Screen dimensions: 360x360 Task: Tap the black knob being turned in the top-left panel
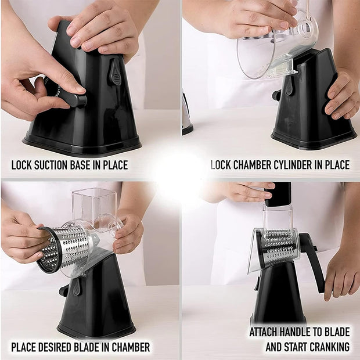[x=73, y=98]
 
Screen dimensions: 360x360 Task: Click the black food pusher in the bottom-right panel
[x=279, y=195]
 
